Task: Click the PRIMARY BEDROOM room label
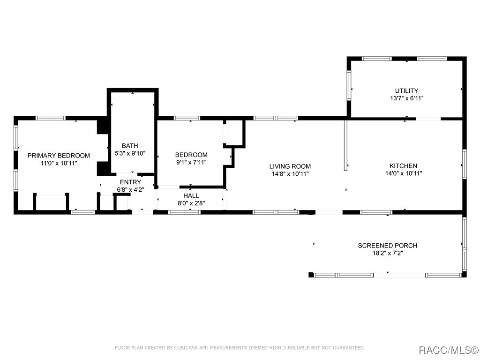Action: [x=59, y=156]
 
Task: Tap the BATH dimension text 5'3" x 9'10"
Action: [x=130, y=153]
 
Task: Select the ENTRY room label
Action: [x=130, y=182]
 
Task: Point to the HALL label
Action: [x=191, y=195]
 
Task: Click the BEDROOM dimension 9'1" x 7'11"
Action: [x=191, y=163]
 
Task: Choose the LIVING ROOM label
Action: [x=290, y=166]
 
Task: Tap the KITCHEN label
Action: [x=403, y=166]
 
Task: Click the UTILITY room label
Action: [x=406, y=91]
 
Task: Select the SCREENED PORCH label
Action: [x=388, y=246]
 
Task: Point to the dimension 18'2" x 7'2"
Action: [x=388, y=253]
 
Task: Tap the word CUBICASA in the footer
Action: [x=186, y=348]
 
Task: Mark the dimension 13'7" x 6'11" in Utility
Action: [x=406, y=98]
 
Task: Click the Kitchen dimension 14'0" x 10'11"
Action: [x=404, y=173]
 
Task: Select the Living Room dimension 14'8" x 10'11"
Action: [x=290, y=174]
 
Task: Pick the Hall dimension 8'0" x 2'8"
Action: [x=191, y=203]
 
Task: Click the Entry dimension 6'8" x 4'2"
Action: [x=130, y=190]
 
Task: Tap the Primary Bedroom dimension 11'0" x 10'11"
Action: [x=59, y=163]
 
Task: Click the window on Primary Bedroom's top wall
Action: [x=51, y=118]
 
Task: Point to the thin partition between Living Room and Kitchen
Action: [x=345, y=145]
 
